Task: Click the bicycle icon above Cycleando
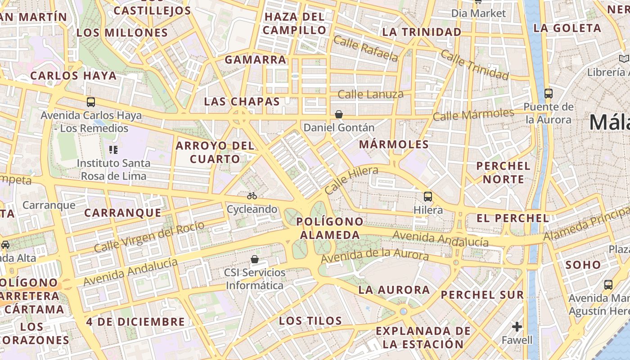point(252,196)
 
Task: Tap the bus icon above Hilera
point(427,197)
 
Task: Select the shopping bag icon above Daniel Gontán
point(339,115)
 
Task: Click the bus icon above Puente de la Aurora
point(548,94)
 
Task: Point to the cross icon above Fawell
point(517,326)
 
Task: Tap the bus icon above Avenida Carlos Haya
point(91,102)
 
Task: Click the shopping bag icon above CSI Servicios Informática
point(255,259)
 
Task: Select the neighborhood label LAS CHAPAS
point(242,101)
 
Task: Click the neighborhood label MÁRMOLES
point(394,144)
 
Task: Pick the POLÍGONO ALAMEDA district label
point(330,228)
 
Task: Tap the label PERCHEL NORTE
point(503,172)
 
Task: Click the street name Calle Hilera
point(351,180)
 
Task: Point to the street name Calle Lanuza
point(370,94)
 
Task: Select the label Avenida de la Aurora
point(374,255)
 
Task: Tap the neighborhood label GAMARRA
point(255,59)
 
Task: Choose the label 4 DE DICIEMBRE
point(135,322)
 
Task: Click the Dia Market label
point(478,13)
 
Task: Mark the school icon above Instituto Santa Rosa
point(113,149)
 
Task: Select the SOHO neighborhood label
point(583,265)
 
